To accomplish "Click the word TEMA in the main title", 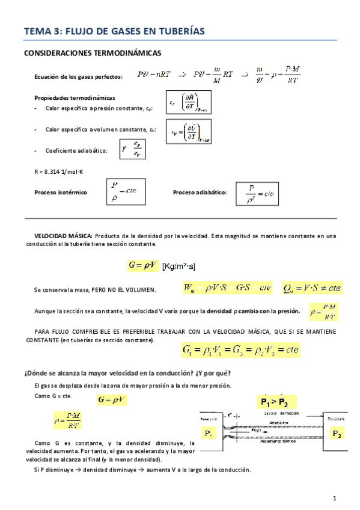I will point(37,31).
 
